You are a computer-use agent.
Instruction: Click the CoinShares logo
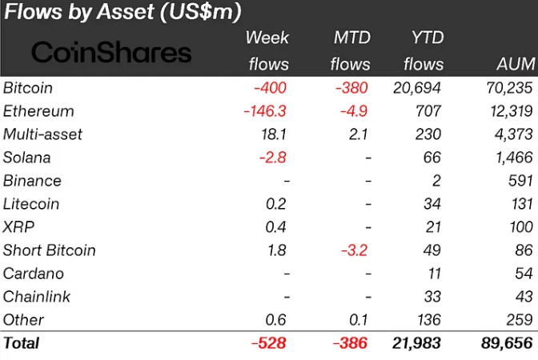tap(111, 53)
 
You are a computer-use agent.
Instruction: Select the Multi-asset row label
tap(42, 134)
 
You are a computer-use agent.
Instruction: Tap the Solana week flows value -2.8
tap(272, 158)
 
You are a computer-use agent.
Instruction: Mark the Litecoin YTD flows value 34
tap(433, 204)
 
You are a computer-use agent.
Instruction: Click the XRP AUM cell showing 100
tap(520, 227)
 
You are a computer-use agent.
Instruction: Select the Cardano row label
tap(33, 274)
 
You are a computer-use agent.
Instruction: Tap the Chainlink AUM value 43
tap(524, 297)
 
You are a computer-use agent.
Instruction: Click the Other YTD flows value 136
tap(429, 320)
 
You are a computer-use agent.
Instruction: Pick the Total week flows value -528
tap(268, 344)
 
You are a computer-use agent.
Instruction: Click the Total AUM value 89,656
tap(504, 344)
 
